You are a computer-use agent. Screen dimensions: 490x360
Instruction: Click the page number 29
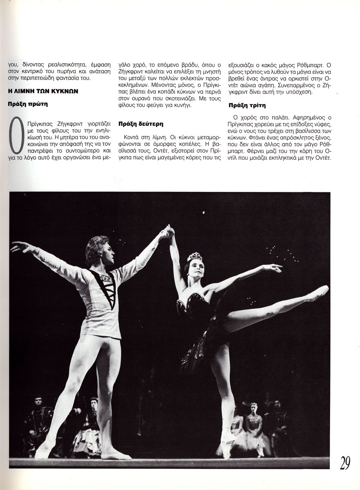[x=344, y=463]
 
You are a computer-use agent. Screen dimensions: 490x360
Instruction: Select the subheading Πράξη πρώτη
[x=28, y=104]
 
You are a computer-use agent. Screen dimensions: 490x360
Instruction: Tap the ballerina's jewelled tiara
[x=195, y=257]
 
